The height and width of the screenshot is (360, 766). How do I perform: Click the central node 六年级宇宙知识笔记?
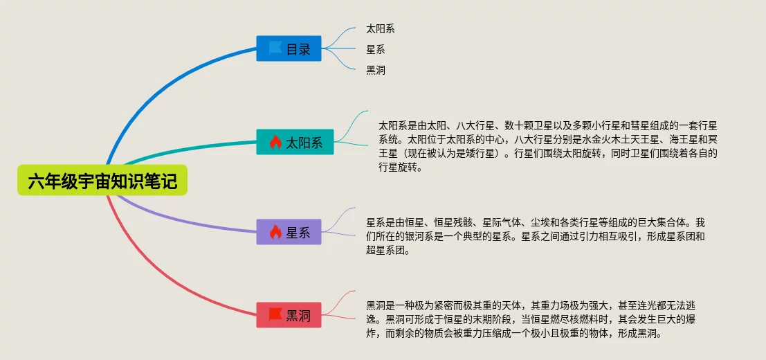pyautogui.click(x=102, y=180)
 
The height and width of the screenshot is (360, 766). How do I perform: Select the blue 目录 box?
pyautogui.click(x=289, y=48)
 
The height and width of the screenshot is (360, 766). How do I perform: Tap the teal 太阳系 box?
pyautogui.click(x=295, y=142)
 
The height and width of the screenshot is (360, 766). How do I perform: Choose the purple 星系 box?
pyautogui.click(x=289, y=232)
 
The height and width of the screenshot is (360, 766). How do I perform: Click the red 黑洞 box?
pyautogui.click(x=289, y=315)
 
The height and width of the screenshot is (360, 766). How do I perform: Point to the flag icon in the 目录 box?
pyautogui.click(x=275, y=48)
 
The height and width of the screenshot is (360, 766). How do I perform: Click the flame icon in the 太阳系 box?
pyautogui.click(x=275, y=142)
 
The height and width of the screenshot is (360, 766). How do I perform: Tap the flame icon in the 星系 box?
pyautogui.click(x=275, y=232)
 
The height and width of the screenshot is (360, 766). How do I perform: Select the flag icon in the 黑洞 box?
pyautogui.click(x=275, y=314)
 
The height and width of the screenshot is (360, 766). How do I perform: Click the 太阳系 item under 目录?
pyautogui.click(x=381, y=29)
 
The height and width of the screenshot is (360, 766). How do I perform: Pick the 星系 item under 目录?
pyautogui.click(x=376, y=49)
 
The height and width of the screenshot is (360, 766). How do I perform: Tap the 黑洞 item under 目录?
pyautogui.click(x=376, y=71)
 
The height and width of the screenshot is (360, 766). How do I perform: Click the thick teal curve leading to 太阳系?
pyautogui.click(x=185, y=147)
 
